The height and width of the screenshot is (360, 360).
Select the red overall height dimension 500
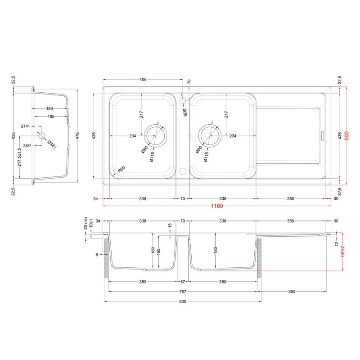pos(346,136)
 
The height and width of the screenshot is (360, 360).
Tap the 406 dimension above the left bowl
pos(143,80)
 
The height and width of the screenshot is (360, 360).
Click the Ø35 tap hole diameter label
pos(185,111)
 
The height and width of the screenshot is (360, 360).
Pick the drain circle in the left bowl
pos(155,135)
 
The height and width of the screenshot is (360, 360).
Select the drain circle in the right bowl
pos(210,135)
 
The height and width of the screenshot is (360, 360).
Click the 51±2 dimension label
pos(25,126)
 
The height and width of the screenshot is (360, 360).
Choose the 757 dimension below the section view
pos(183,292)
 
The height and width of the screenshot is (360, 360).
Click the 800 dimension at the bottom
pos(183,302)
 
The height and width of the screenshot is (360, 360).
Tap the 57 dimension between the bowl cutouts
pos(183,282)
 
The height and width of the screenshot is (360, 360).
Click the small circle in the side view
pos(42,135)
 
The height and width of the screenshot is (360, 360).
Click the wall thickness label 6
pos(97,254)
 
